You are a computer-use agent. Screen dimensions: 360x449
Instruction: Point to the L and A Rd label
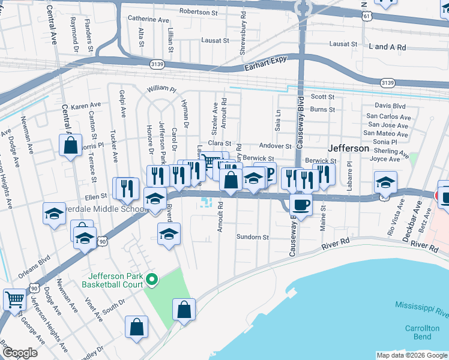tap(388, 47)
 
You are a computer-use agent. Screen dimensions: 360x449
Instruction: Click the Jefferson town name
tap(348, 148)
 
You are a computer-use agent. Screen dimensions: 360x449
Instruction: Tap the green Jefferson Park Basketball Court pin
tap(152, 278)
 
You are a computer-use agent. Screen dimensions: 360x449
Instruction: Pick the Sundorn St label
tap(253, 237)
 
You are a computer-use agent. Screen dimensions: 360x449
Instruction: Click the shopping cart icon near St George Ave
tap(14, 298)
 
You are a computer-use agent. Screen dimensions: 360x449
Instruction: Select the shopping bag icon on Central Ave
tap(70, 145)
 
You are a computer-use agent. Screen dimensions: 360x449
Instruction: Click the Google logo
tap(20, 353)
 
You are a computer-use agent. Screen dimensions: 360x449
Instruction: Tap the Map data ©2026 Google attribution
tap(412, 355)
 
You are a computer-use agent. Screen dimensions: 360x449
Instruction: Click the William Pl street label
tap(161, 89)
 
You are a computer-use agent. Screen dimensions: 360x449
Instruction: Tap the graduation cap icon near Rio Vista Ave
tap(385, 182)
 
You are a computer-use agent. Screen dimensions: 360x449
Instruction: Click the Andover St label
tap(275, 146)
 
